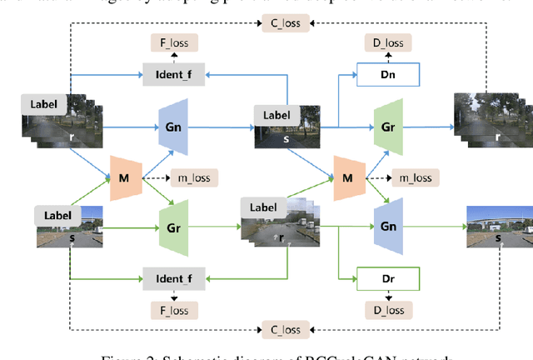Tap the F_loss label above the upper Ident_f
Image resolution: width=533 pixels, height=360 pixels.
point(174,41)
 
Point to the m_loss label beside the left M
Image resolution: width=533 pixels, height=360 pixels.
point(194,177)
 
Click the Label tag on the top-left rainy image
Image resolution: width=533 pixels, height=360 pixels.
point(43,104)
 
